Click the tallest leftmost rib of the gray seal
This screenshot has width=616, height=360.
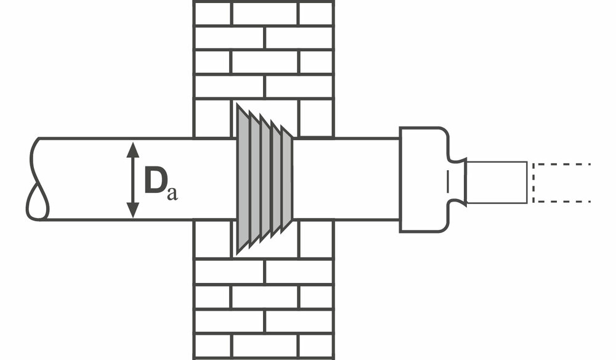[x=243, y=179]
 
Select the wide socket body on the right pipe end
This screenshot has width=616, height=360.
[x=424, y=179]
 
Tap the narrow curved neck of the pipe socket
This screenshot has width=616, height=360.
[x=456, y=182]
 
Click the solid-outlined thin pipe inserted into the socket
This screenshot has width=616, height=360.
[x=496, y=182]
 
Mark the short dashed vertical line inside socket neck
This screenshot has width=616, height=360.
[x=448, y=181]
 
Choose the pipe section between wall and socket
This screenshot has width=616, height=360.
[x=345, y=179]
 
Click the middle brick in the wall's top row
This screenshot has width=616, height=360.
[x=265, y=13]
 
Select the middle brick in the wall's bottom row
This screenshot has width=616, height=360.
[x=265, y=346]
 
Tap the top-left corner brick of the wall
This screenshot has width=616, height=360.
[x=213, y=13]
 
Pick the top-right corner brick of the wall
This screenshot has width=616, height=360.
[x=316, y=13]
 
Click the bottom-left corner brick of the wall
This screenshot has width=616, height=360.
[x=213, y=346]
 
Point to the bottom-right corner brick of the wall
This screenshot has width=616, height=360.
[x=316, y=346]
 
